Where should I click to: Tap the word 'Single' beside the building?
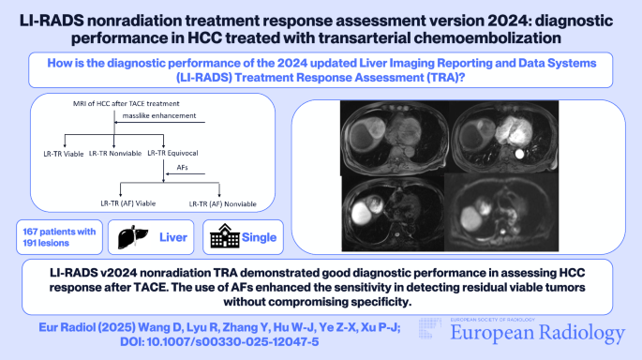[x=260, y=238]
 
